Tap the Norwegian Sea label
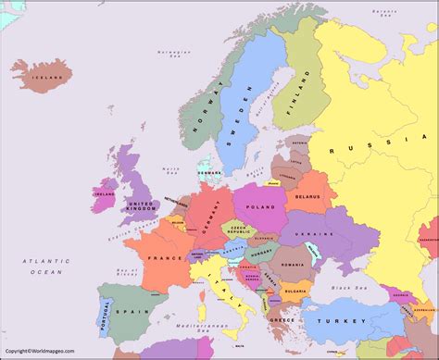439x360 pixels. (x=173, y=58)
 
